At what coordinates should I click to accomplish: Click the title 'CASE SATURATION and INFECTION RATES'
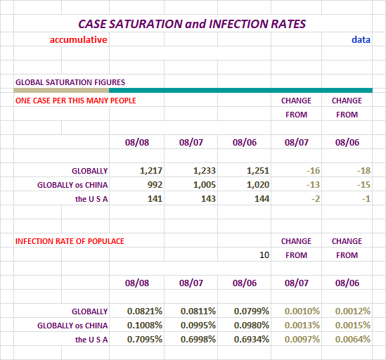(192, 24)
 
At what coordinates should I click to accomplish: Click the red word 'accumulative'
(79, 39)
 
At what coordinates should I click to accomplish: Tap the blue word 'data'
(361, 39)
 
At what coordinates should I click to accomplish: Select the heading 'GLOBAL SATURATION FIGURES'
(70, 82)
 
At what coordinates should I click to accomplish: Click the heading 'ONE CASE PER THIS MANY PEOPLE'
(75, 101)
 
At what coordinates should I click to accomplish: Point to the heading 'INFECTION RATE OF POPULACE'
(70, 241)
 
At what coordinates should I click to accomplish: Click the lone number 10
(264, 255)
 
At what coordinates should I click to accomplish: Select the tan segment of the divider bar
(61, 91)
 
